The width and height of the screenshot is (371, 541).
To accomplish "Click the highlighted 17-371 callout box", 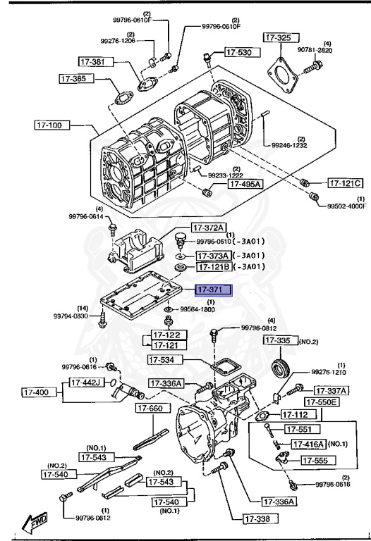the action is [214, 290].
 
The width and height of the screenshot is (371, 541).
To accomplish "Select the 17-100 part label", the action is [51, 125].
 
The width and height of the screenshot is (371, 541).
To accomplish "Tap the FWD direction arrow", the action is [34, 523].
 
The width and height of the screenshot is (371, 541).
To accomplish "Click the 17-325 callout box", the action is [281, 37].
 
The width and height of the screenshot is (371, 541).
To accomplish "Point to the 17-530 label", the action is [243, 52].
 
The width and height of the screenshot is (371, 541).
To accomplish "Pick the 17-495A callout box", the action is [245, 184].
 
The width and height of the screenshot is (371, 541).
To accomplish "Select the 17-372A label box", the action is [209, 228].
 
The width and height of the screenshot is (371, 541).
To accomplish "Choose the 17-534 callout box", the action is [166, 360].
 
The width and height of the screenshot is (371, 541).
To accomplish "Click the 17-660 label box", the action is [153, 408].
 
